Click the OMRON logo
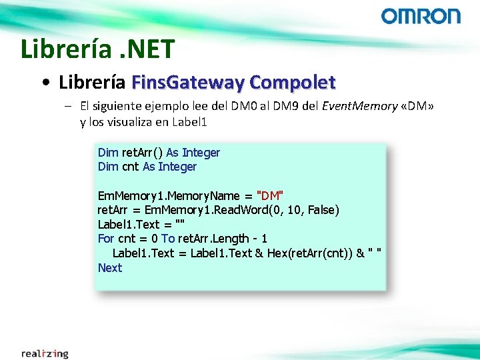click(421, 16)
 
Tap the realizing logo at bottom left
click(45, 353)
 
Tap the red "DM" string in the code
click(270, 196)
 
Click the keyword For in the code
click(106, 239)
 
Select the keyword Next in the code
click(110, 268)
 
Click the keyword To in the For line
click(168, 239)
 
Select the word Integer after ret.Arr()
click(201, 153)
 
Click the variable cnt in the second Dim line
click(131, 167)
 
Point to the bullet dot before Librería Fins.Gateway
click(45, 83)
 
